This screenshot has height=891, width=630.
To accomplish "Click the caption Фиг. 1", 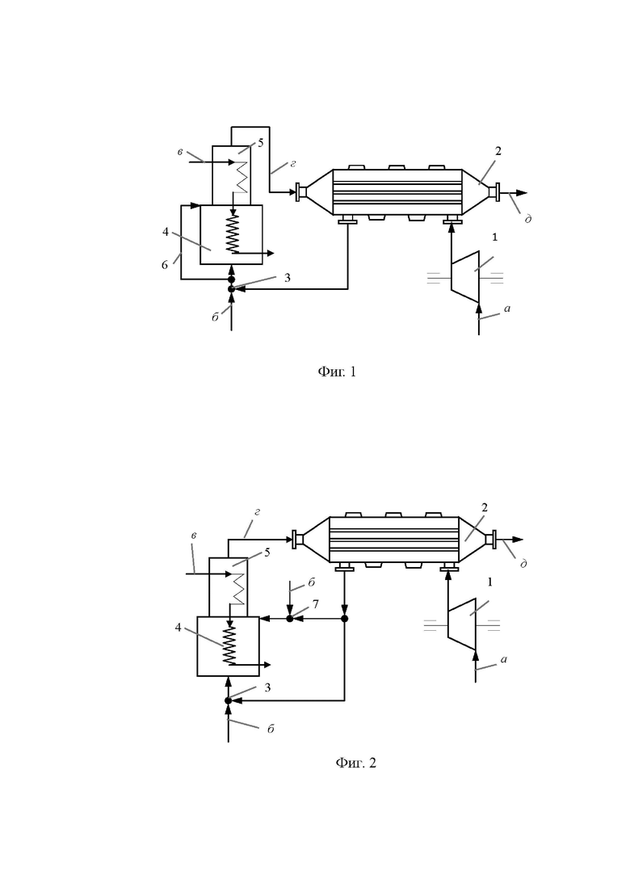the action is point(336,372).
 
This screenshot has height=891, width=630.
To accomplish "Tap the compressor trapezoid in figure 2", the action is point(461,624).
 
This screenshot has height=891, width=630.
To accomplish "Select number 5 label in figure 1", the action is point(261,143).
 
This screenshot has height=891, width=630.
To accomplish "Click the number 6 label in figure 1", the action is point(165,265).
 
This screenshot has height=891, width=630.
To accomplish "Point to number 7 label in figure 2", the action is point(316,604).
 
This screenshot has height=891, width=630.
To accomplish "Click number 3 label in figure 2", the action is point(267,687).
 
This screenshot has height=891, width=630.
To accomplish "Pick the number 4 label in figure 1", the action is point(166,232).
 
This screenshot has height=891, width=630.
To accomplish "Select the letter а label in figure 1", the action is point(506,309).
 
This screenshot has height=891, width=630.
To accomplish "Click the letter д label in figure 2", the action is point(523,563).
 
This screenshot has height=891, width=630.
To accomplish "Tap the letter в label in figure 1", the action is point(179,152).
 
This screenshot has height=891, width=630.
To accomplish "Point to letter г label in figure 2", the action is point(257,512).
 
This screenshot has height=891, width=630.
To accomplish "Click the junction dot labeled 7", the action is point(289,618).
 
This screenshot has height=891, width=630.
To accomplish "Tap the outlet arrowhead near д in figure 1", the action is point(522,193).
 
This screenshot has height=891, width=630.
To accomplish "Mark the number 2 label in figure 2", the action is point(485,507).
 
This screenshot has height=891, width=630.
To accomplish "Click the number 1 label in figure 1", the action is point(494,237).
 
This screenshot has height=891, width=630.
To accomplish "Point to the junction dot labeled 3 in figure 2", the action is point(229,700).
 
